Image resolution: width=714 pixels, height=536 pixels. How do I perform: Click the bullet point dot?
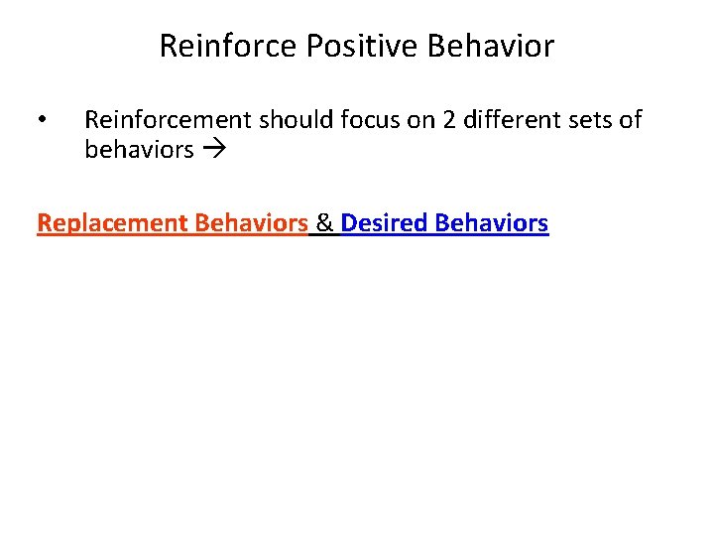pos(41,121)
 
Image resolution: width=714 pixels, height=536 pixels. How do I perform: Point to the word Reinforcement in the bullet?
pos(168,121)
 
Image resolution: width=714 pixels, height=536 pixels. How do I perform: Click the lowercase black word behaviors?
pos(139,150)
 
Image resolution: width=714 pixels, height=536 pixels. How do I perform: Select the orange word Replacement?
pos(113,223)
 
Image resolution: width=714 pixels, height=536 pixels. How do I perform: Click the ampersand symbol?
pos(324,223)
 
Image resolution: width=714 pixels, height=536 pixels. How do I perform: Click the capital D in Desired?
pos(348,223)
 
